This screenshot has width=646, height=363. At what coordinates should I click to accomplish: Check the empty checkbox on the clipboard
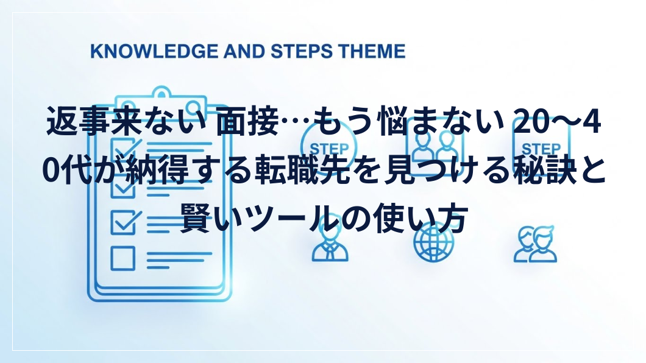coord(122,258)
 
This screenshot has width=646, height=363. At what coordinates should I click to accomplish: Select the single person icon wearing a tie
coord(330,244)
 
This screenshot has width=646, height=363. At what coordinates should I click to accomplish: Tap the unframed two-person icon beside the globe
coord(535,244)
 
